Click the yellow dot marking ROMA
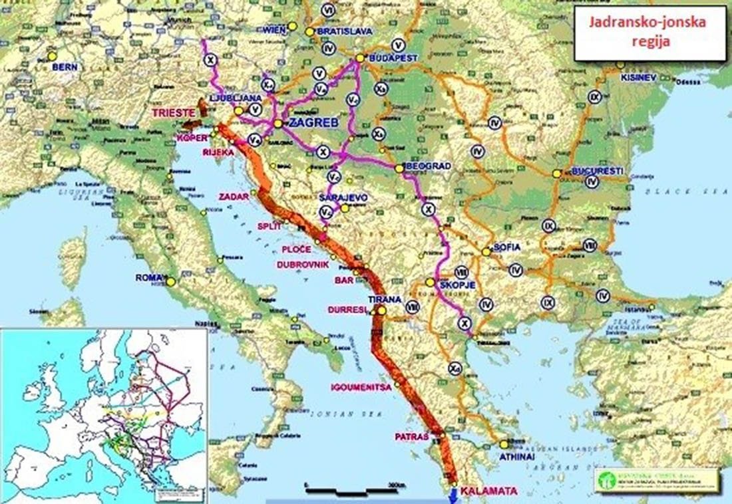pos(171,281)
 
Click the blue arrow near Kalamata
pos(454,495)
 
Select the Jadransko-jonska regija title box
pos(649,33)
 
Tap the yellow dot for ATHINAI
pos(504,444)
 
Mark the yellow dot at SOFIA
pos(487,252)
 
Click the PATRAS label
pos(411,437)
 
